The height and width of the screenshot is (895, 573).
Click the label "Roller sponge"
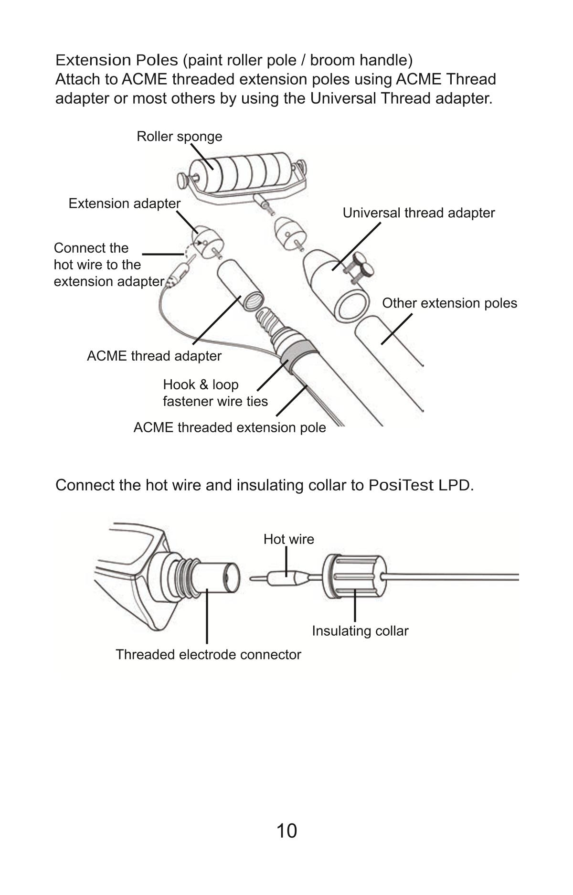(x=179, y=137)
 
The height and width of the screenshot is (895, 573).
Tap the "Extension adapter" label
(x=124, y=203)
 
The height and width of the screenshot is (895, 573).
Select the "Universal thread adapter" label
(x=418, y=213)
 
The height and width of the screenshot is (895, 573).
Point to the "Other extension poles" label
(x=449, y=303)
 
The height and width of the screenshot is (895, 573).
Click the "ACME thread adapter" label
(x=154, y=356)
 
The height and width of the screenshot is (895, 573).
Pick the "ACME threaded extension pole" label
(x=229, y=427)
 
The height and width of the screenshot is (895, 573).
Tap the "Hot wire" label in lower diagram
(x=288, y=539)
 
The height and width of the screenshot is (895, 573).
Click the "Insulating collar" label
(x=360, y=631)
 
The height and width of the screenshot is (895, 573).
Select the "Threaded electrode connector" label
(x=208, y=654)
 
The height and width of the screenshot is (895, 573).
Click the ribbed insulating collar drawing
(x=353, y=577)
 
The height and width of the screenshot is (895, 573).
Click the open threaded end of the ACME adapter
(x=252, y=301)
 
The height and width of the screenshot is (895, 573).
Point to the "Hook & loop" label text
(x=201, y=385)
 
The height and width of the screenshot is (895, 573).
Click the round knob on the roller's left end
(x=183, y=181)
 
